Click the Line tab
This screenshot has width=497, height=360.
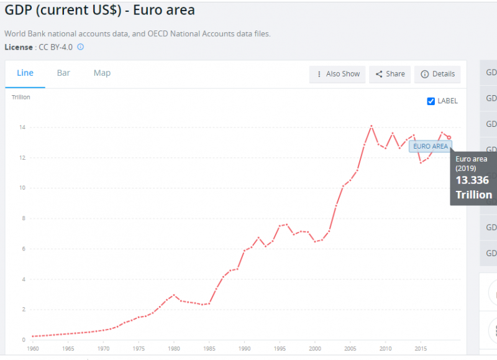(25, 73)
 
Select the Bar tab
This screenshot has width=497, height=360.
(63, 73)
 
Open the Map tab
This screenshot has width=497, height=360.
(102, 73)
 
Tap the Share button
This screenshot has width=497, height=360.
(390, 74)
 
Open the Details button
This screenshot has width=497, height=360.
(437, 74)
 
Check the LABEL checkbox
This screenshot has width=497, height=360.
(431, 101)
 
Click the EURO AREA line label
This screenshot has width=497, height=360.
(430, 146)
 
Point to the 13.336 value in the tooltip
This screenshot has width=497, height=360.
(472, 180)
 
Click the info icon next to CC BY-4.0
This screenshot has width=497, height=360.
(80, 47)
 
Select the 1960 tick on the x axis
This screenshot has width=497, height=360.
(32, 348)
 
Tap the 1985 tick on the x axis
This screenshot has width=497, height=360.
(209, 348)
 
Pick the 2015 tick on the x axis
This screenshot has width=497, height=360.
(421, 348)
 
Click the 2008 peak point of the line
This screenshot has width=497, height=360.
(372, 126)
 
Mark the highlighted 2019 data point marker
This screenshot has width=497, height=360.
(449, 137)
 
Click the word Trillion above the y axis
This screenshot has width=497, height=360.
(21, 97)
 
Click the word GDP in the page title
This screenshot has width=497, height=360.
(20, 10)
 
